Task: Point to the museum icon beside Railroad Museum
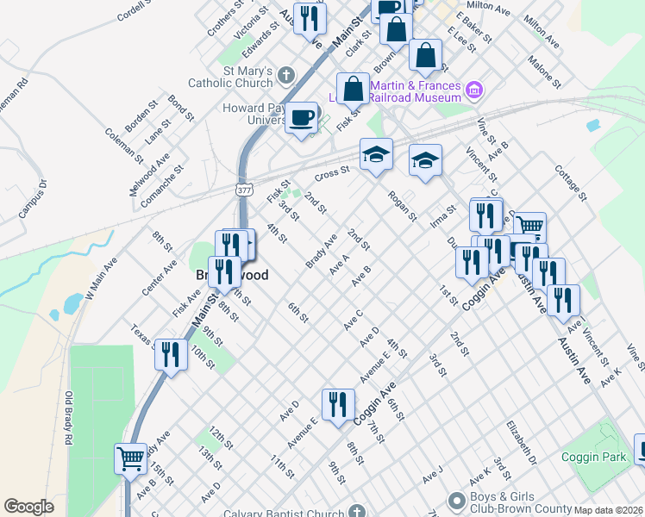(x=473, y=90)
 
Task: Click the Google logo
(x=28, y=508)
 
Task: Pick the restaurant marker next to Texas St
(x=171, y=353)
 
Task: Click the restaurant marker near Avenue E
(x=338, y=403)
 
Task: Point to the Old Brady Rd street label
(x=68, y=418)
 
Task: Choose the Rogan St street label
(x=402, y=205)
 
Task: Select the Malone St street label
(x=545, y=71)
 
